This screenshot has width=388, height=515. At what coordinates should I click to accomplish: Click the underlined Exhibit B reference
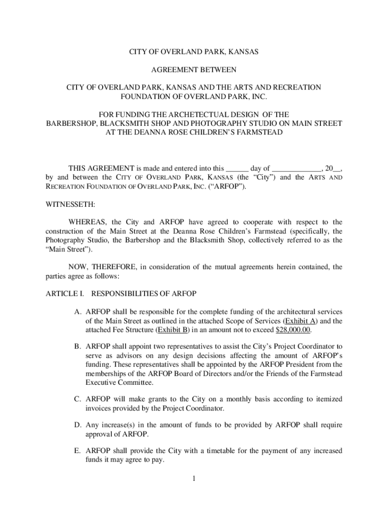174,330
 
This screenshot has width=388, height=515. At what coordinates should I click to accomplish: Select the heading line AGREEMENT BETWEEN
193,69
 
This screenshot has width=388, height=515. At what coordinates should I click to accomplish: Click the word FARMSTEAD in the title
257,132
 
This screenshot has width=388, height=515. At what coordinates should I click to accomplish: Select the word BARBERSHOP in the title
70,123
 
